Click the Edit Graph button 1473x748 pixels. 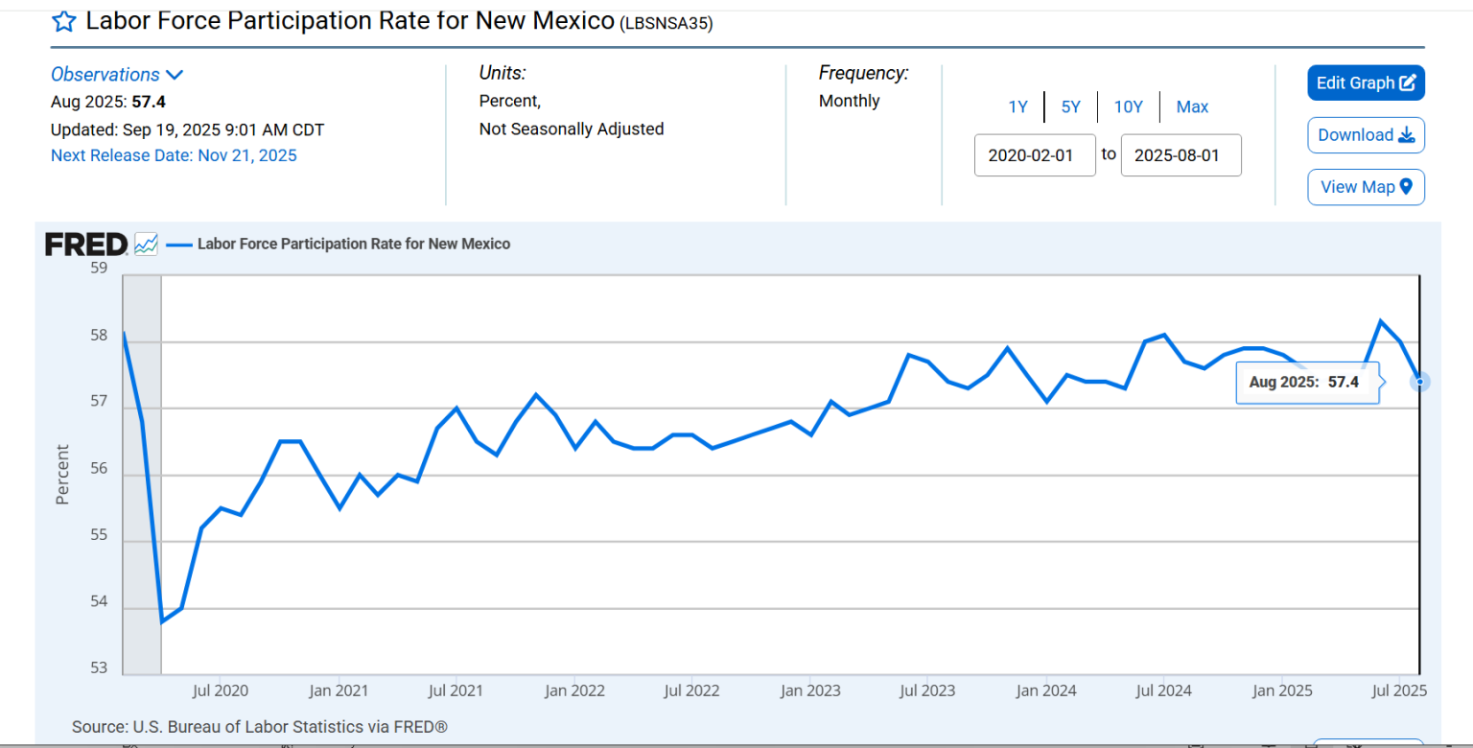[1366, 83]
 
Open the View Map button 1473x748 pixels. [1366, 187]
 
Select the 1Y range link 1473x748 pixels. [1017, 107]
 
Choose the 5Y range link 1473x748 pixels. [1070, 107]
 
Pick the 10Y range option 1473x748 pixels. [1128, 107]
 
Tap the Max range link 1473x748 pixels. [1192, 107]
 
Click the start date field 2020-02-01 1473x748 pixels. [1035, 155]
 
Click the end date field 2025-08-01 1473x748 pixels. [1181, 155]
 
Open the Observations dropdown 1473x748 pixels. [116, 75]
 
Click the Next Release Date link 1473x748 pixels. [174, 155]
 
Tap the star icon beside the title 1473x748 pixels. [63, 21]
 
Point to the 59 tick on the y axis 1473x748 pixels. [99, 269]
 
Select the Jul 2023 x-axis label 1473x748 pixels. [926, 690]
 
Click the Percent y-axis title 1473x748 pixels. [62, 474]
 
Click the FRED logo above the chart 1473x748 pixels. [86, 245]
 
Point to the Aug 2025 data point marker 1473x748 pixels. [1420, 382]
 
